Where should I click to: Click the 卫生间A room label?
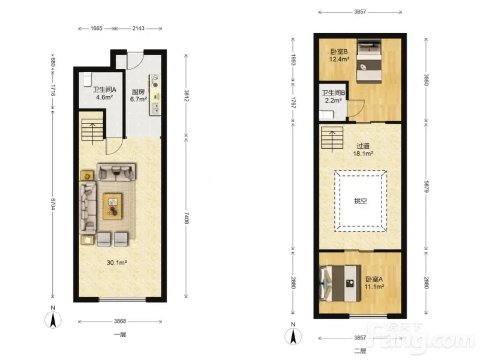point(104,89)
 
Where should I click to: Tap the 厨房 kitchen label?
point(138,92)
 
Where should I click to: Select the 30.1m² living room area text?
point(116,262)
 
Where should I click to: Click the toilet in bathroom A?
point(87,79)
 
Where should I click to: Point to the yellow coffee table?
point(112,206)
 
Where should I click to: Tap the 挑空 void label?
point(361,201)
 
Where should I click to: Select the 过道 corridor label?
point(363,146)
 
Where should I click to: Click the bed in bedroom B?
point(369,61)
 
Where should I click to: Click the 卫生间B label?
point(334,93)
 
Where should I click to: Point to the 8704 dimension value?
point(53,203)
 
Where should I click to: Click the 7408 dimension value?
point(187,218)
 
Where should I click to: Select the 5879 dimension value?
point(426,187)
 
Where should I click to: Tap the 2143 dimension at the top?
point(139,28)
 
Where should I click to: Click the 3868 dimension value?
point(120,321)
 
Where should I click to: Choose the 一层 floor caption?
point(120,335)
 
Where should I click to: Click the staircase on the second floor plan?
point(332,139)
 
